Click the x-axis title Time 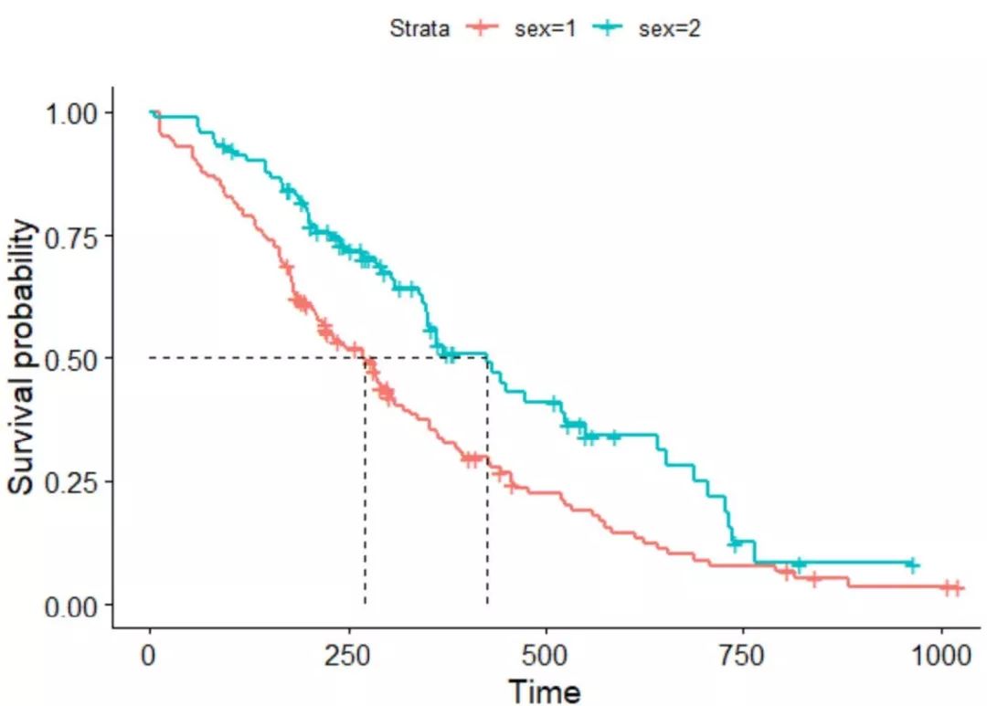pyautogui.click(x=545, y=690)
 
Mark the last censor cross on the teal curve pyautogui.click(x=911, y=565)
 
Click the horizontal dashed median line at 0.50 pyautogui.click(x=256, y=357)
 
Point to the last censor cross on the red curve pyautogui.click(x=957, y=588)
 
